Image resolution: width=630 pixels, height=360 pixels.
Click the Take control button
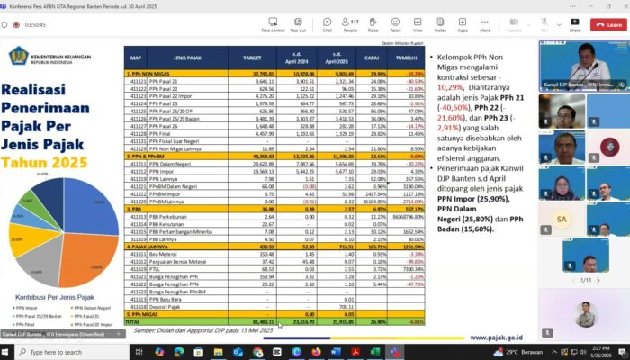273,24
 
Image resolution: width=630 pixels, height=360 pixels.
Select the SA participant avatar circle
562,219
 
